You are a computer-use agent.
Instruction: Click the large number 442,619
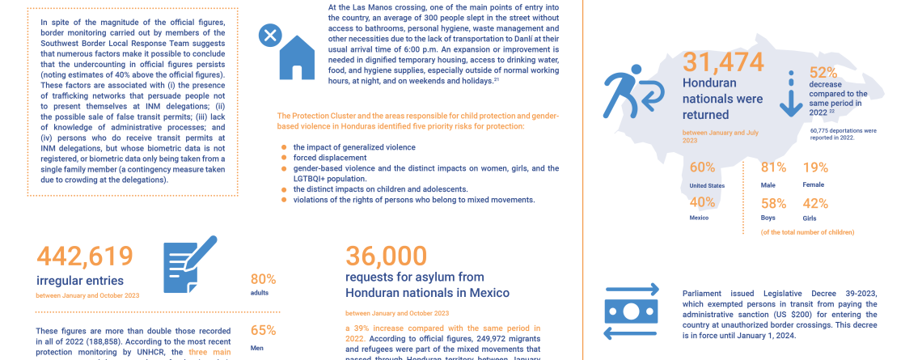(85, 256)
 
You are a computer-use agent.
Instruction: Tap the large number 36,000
(387, 256)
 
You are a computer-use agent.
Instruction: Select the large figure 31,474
(724, 62)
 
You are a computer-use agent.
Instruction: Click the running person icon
(636, 93)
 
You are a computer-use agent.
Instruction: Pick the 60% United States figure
(702, 167)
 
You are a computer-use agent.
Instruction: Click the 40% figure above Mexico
(702, 201)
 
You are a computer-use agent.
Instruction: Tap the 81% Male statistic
(774, 167)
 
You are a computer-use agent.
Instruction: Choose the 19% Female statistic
(815, 167)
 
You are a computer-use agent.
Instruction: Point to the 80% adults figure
(264, 279)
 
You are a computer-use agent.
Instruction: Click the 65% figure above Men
(264, 330)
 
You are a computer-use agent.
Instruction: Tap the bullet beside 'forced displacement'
(284, 158)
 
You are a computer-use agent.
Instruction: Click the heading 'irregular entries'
(80, 281)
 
